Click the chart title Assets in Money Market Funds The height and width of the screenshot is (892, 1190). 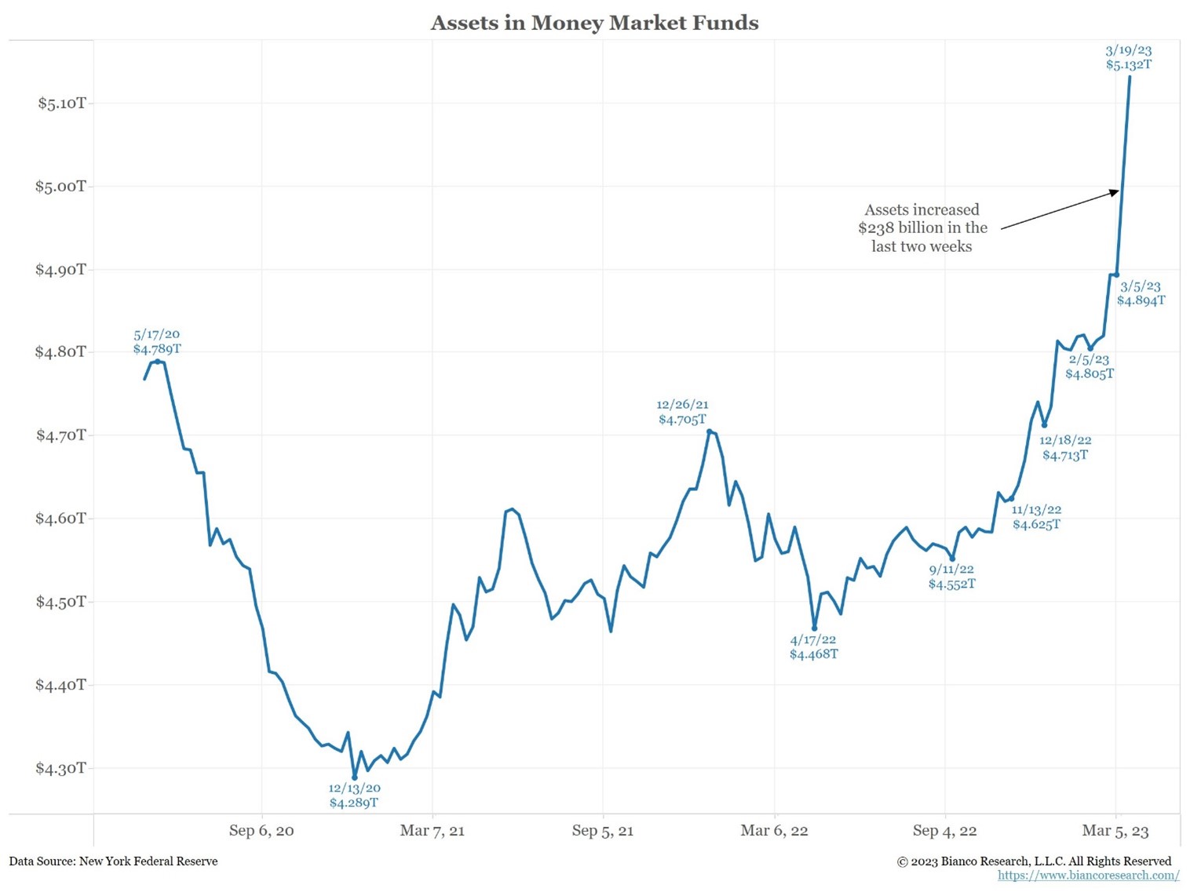594,23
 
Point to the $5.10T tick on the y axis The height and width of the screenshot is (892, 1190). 62,103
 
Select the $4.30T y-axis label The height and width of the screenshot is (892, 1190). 60,768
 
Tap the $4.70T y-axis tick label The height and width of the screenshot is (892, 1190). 60,435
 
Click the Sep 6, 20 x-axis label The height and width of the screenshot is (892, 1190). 261,830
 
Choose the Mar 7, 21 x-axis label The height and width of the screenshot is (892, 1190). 432,830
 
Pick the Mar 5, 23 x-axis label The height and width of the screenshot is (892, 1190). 1115,830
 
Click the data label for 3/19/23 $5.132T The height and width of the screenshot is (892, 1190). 1129,57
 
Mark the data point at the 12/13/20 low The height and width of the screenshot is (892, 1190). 355,777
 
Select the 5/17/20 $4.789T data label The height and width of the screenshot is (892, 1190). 157,342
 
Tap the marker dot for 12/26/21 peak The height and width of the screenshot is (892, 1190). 710,431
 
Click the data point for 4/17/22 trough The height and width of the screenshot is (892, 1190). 815,628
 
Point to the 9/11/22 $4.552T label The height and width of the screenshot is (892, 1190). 951,577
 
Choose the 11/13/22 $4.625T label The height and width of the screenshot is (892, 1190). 1036,517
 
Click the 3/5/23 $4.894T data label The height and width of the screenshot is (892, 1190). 1141,293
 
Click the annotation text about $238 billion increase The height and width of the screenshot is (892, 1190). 922,228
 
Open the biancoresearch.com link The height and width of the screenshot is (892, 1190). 1088,876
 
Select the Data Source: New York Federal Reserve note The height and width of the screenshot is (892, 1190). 114,861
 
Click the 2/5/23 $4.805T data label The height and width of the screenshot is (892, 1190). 1089,366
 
